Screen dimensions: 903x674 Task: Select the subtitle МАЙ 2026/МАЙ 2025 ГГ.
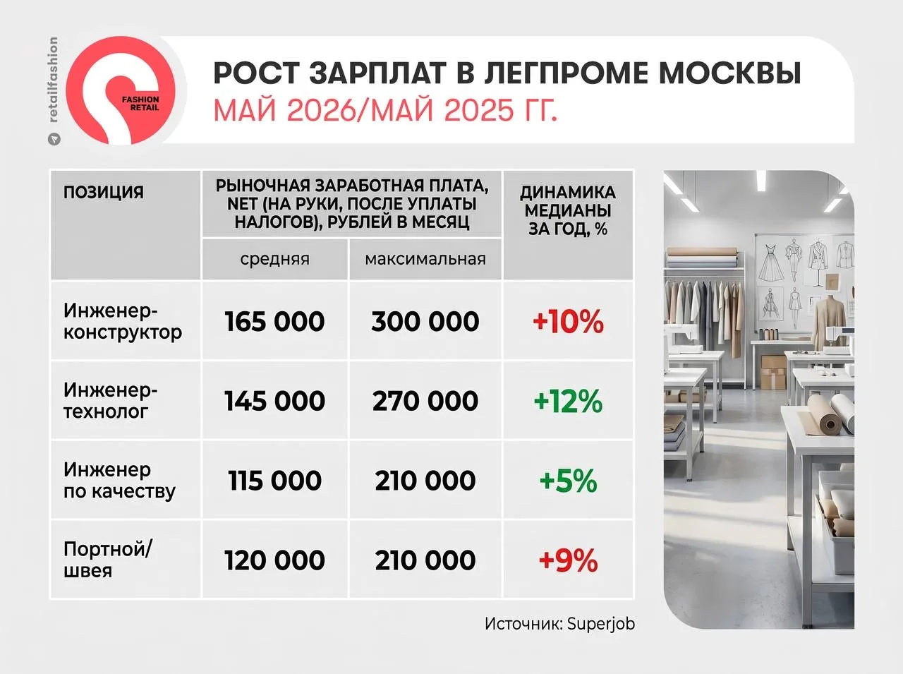(x=385, y=110)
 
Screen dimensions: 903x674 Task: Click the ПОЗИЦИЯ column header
(x=104, y=192)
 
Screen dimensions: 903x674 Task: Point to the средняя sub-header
(x=275, y=259)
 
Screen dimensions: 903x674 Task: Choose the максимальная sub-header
(x=425, y=259)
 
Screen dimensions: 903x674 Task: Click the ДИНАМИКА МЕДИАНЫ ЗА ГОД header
(x=568, y=210)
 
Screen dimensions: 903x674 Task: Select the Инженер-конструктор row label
(x=123, y=321)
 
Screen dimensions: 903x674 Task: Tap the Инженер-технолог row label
(x=110, y=400)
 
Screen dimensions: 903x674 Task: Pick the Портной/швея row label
(x=108, y=560)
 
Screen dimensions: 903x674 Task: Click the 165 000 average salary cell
(x=275, y=321)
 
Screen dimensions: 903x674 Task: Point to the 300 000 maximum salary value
(x=425, y=321)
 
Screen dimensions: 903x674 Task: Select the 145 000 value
(x=275, y=401)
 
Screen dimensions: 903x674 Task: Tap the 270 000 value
(x=425, y=401)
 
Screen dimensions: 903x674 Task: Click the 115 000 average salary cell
(x=275, y=480)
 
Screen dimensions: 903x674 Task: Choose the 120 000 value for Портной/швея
(x=275, y=560)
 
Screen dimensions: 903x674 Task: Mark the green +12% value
(x=568, y=401)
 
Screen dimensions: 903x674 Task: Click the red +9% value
(x=568, y=560)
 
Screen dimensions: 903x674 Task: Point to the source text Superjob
(x=601, y=624)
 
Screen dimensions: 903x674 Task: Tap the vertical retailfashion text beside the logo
(x=53, y=80)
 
